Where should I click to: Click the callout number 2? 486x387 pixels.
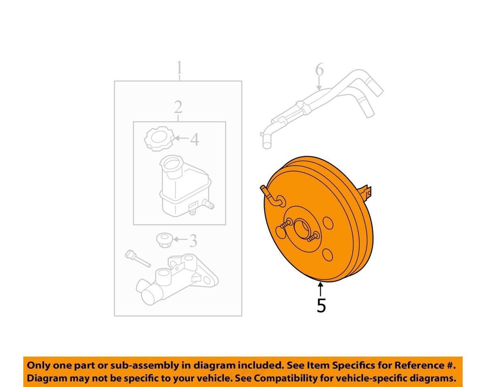coord(178,107)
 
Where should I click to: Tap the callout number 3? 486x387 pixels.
coord(193,241)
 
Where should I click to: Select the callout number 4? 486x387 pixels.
coord(194,140)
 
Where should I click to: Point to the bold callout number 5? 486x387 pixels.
coord(321,305)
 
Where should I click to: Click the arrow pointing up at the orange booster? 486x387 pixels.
coord(320,290)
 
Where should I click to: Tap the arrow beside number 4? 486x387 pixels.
coord(181,138)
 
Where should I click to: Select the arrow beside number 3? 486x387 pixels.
coord(180,239)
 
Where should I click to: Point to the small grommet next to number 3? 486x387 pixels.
coord(164,240)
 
